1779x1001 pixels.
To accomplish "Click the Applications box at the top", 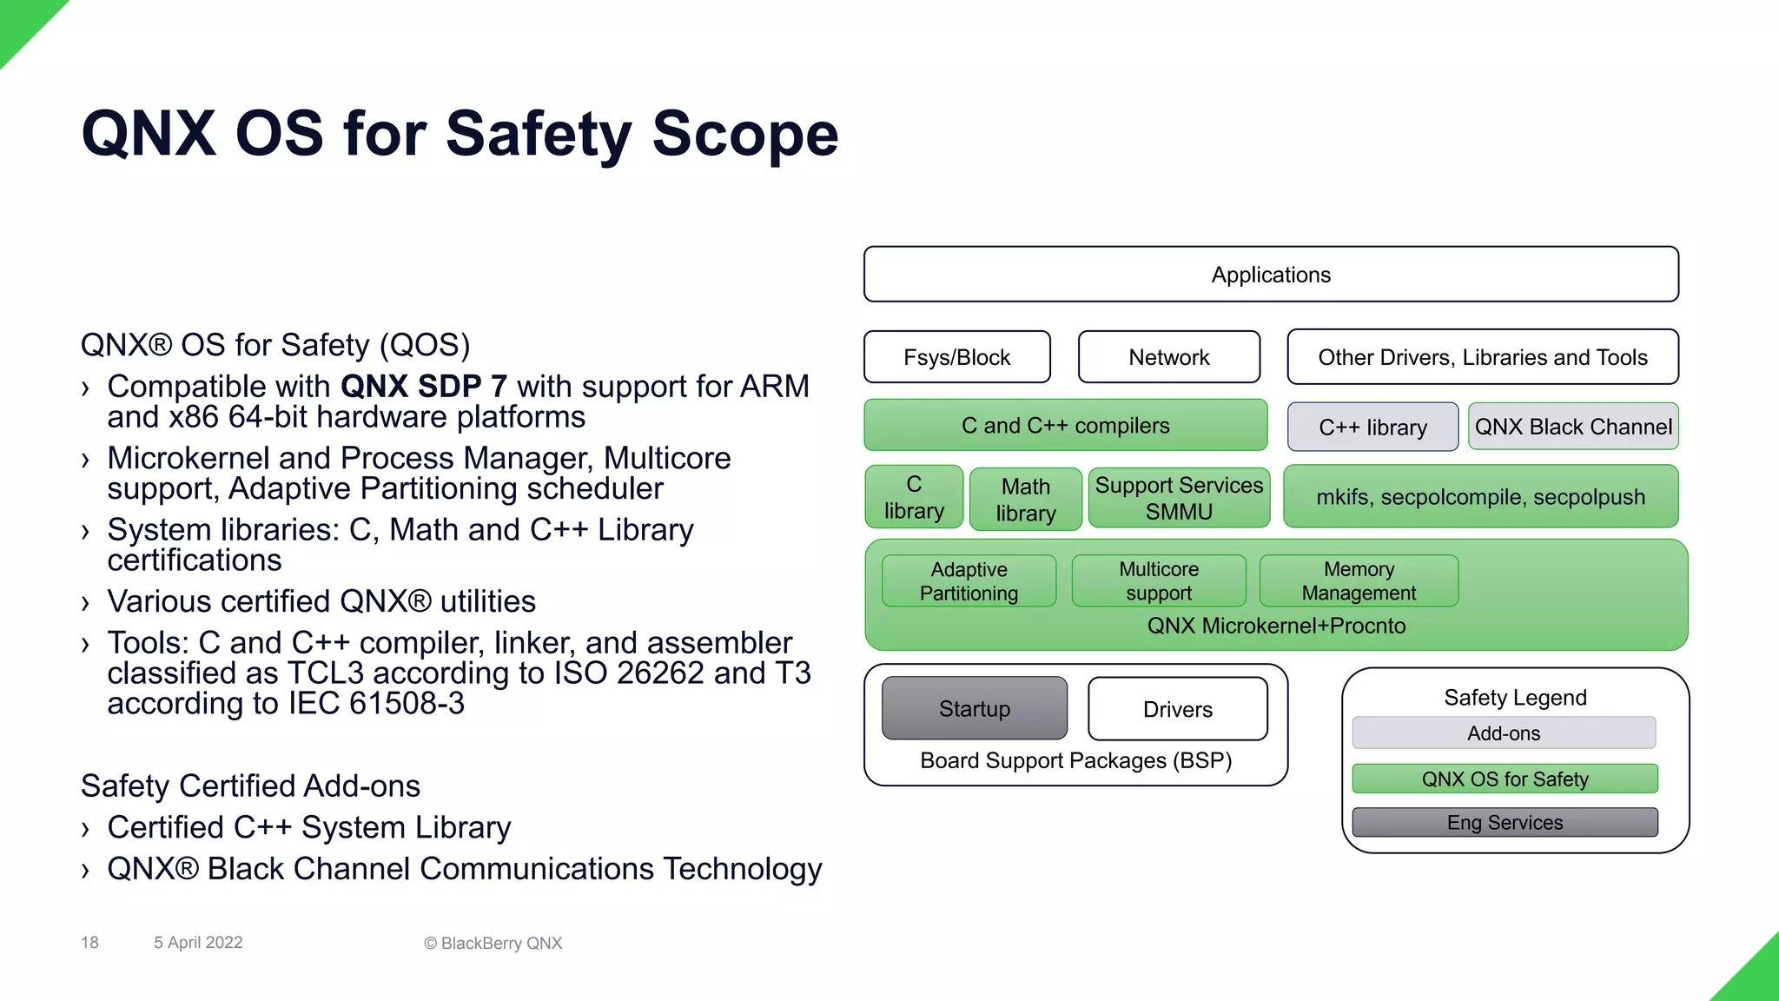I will point(1271,275).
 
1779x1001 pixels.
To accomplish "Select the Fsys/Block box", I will point(956,357).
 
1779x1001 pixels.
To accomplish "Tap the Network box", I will point(1168,357).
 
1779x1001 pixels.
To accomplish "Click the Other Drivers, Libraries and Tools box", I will point(1482,357).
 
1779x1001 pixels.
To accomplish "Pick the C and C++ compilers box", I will point(1065,426).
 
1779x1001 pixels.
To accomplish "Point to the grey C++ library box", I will point(1372,427).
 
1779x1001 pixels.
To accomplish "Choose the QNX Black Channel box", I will point(1572,427).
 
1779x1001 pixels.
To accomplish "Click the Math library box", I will point(1025,499).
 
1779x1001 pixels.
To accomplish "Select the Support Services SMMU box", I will point(1179,497).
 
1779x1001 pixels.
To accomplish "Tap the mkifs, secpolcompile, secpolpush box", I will point(1480,497).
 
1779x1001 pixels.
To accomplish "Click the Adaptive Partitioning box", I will point(969,580).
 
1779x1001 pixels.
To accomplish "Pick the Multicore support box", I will point(1159,580).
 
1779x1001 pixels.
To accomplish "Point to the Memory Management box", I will point(1359,580).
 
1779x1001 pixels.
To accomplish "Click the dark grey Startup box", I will point(974,708).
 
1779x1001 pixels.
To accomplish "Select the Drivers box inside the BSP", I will point(1177,709).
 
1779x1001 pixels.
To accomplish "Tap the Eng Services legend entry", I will point(1505,822).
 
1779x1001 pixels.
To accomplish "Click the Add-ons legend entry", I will point(1504,733).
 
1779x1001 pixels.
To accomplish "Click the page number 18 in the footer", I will point(89,943).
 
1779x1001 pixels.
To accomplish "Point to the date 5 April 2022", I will point(198,943).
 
